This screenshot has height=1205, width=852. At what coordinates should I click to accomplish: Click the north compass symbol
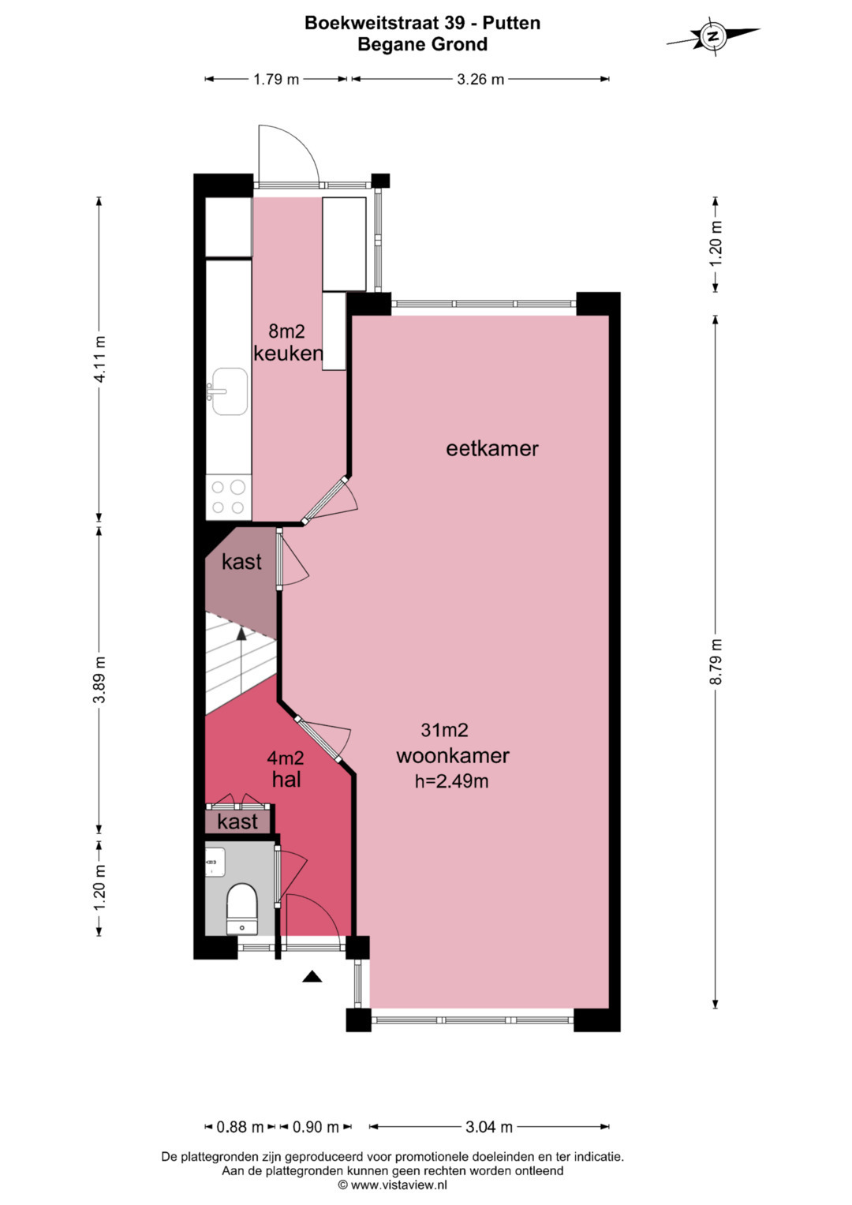(713, 36)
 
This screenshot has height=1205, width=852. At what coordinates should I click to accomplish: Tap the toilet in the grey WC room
(241, 908)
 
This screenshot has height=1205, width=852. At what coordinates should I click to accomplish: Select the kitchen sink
(229, 391)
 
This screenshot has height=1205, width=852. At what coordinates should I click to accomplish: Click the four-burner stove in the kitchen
(229, 497)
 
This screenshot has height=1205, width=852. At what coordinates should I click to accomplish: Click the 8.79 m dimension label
(716, 661)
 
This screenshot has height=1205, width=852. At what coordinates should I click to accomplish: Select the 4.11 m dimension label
(99, 359)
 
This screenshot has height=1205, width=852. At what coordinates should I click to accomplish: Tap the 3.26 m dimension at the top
(480, 80)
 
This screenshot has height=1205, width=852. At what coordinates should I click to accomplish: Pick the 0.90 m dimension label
(316, 1126)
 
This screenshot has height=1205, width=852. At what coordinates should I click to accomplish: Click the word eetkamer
(492, 449)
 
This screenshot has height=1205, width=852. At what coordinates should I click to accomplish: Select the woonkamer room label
(453, 756)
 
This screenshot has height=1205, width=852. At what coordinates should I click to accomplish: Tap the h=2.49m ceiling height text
(451, 781)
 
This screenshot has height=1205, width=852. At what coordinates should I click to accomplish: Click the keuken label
(288, 354)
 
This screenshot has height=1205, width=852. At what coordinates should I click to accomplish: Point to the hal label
(286, 780)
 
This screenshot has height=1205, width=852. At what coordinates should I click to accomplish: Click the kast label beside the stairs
(241, 562)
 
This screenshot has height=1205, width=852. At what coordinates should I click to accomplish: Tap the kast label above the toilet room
(237, 822)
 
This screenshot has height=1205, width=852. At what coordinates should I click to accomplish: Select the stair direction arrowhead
(241, 633)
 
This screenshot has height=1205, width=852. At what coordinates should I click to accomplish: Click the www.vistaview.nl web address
(398, 1184)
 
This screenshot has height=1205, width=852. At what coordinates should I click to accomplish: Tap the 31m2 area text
(444, 730)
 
